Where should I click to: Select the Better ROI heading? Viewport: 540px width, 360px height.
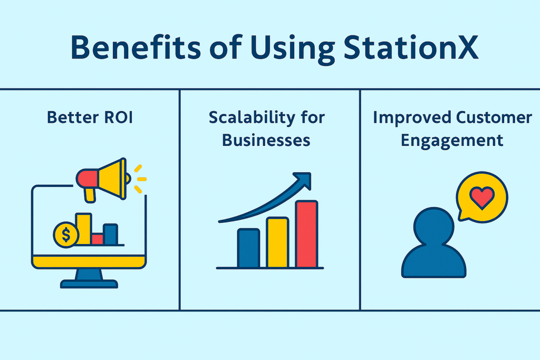pos(90,118)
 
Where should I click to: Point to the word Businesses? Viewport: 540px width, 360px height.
pos(266,140)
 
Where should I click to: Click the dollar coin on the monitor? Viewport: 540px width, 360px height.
pos(66,235)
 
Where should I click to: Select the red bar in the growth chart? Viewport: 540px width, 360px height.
pos(306,234)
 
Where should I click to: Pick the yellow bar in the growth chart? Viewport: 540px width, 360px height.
pos(277,242)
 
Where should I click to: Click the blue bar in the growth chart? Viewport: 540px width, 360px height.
pos(248,248)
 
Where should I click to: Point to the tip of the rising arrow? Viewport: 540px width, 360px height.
pos(311,173)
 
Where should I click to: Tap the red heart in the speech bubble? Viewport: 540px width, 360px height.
pos(482,198)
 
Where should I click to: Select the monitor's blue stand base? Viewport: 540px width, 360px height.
pos(89,284)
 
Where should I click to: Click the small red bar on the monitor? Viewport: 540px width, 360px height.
pos(98,239)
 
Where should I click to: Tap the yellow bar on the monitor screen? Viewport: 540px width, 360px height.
pos(84,229)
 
